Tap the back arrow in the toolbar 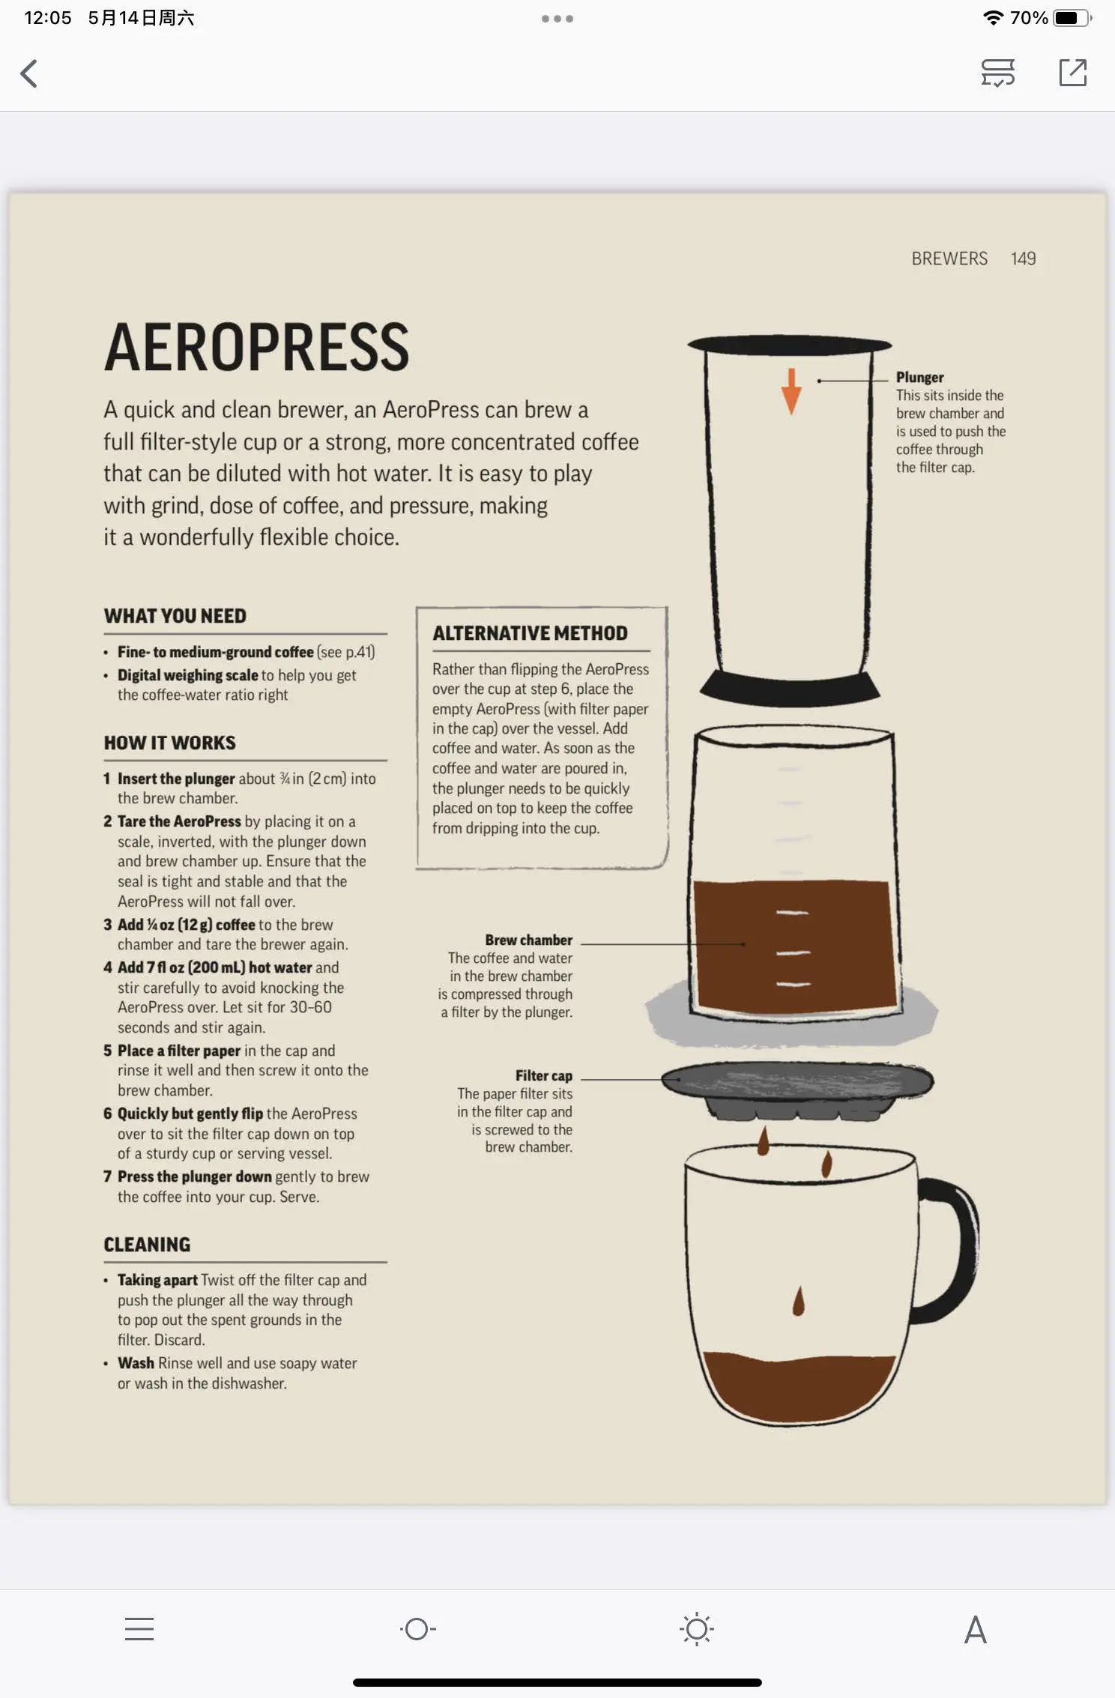(28, 73)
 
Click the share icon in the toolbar (1072, 73)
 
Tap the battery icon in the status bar (1072, 18)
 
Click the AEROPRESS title (257, 347)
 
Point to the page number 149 (1023, 259)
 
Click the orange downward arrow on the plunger (791, 390)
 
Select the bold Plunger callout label (919, 377)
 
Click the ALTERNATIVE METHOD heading (530, 633)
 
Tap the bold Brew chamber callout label (528, 940)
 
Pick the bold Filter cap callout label (543, 1076)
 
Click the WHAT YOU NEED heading (175, 616)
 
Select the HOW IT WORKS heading (170, 743)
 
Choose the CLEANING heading (147, 1245)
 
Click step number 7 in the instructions (107, 1176)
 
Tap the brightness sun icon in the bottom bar (697, 1629)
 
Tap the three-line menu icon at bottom (139, 1629)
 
